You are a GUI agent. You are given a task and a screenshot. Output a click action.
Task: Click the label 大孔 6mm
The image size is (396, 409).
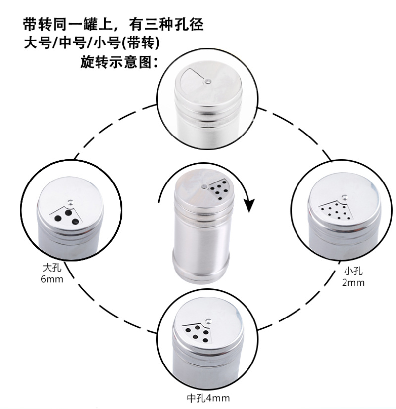52,273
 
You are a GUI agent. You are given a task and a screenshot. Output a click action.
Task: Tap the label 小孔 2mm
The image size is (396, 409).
353,277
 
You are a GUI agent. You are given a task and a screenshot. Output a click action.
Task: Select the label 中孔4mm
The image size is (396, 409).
208,398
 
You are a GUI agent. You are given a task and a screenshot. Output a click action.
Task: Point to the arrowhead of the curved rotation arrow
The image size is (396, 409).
249,205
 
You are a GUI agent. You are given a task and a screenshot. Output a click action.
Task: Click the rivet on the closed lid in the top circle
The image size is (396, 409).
207,81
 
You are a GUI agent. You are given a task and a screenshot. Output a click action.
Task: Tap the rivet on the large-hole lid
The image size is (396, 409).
70,202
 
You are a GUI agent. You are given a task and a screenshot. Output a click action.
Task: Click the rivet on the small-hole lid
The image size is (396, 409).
345,197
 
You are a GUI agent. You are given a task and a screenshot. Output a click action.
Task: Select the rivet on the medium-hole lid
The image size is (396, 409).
208,321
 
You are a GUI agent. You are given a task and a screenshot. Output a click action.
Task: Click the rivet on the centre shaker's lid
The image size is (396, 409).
204,186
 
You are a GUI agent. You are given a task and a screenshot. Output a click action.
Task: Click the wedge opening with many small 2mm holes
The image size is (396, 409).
336,211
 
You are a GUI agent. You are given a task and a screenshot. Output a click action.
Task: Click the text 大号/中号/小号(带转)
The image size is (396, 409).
92,43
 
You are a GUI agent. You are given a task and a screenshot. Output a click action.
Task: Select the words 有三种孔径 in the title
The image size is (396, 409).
166,25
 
